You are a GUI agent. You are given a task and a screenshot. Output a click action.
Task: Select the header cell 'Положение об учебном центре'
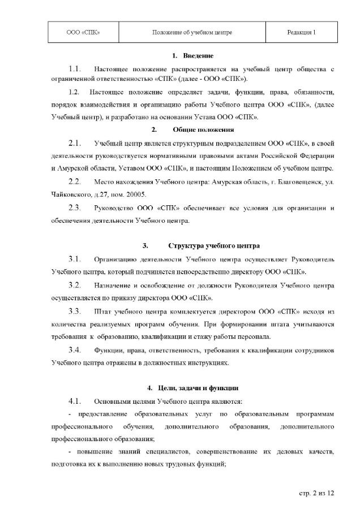coord(192,33)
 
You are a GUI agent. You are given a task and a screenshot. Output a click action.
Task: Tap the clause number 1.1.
coord(76,68)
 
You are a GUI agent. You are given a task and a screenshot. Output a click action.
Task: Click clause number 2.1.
coord(76,142)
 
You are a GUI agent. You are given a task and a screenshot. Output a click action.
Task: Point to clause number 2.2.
coord(76,182)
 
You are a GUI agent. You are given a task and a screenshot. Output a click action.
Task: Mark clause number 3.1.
coord(76,259)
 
